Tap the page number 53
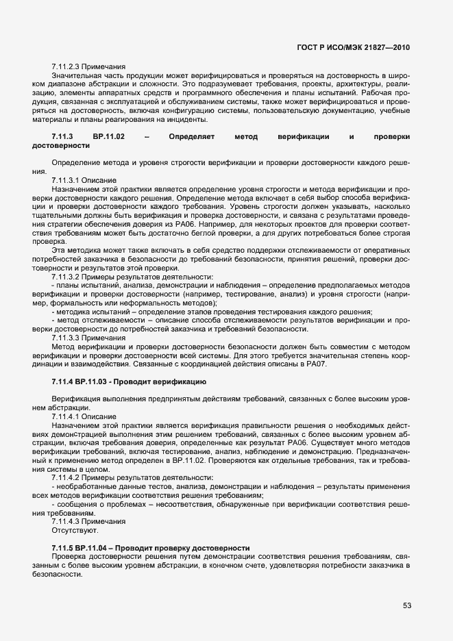pyautogui.click(x=406, y=605)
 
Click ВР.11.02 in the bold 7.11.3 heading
pyautogui.click(x=108, y=137)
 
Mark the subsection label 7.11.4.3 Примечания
pyautogui.click(x=88, y=522)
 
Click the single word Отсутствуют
pyautogui.click(x=75, y=531)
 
